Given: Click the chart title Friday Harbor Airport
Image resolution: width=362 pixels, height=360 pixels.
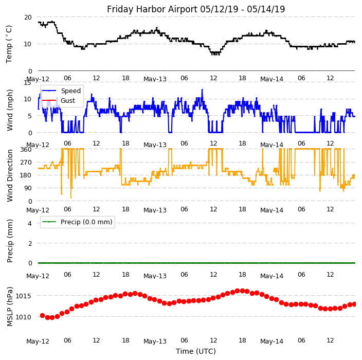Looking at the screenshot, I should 196,9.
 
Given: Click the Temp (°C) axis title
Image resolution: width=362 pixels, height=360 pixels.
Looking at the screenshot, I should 9,44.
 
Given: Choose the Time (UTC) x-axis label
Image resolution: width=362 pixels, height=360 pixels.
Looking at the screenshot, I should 196,351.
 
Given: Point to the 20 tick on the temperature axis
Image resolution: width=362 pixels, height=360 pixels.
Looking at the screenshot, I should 28,17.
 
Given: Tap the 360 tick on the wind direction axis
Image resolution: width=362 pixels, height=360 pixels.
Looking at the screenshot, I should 26,150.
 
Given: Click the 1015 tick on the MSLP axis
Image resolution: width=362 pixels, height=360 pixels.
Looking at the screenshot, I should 24,296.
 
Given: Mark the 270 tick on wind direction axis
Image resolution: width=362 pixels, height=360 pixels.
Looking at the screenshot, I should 26,163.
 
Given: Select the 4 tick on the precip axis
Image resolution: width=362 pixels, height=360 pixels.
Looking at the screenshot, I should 30,223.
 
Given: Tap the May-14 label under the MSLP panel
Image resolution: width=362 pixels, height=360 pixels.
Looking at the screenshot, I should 272,341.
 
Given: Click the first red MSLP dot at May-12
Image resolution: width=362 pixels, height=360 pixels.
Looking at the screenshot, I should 42,315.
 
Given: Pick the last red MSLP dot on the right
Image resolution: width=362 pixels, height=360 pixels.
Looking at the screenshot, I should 354,304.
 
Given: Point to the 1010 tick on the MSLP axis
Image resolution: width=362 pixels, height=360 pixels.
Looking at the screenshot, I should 24,317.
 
